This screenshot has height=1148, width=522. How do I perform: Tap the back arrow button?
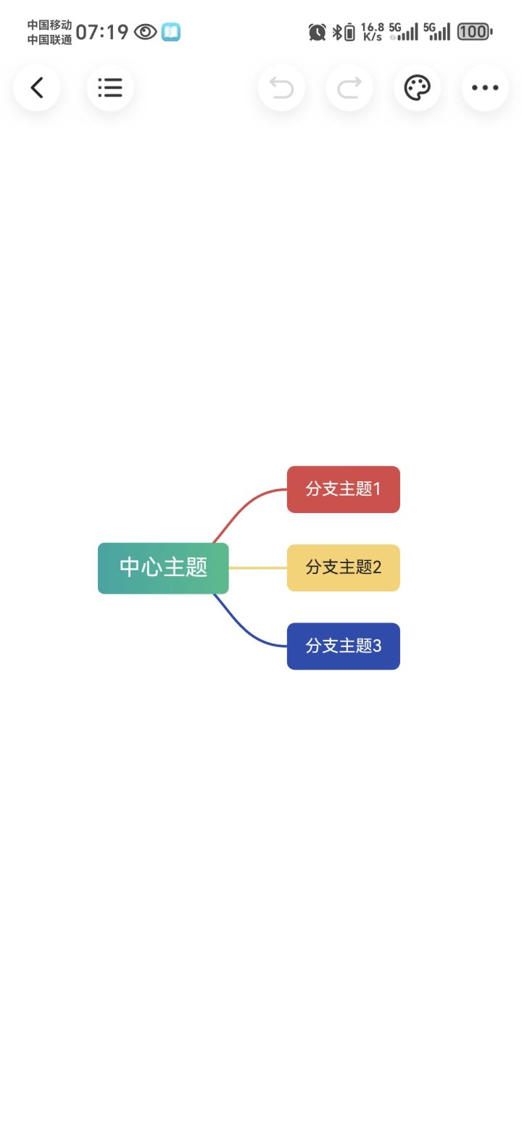pyautogui.click(x=36, y=88)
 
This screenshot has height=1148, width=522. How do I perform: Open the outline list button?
pyautogui.click(x=109, y=88)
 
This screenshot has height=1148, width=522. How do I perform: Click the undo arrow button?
pyautogui.click(x=281, y=88)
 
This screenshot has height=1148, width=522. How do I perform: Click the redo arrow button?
pyautogui.click(x=349, y=88)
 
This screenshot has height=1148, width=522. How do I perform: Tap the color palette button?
pyautogui.click(x=417, y=88)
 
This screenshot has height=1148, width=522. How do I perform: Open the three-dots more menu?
pyautogui.click(x=485, y=88)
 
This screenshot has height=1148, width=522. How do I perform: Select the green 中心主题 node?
pyautogui.click(x=163, y=568)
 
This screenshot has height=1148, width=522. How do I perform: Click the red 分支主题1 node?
pyautogui.click(x=343, y=489)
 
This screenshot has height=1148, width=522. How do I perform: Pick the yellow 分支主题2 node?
pyautogui.click(x=343, y=568)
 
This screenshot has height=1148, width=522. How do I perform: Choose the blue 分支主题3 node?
pyautogui.click(x=343, y=646)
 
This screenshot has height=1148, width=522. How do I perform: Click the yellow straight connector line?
pyautogui.click(x=258, y=568)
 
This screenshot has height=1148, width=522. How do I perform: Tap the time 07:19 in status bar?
pyautogui.click(x=102, y=33)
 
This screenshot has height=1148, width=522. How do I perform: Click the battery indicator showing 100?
pyautogui.click(x=474, y=32)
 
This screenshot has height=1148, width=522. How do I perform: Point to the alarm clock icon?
pyautogui.click(x=317, y=33)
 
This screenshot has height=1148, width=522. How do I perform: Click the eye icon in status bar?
pyautogui.click(x=145, y=33)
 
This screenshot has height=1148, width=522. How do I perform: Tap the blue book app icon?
pyautogui.click(x=171, y=33)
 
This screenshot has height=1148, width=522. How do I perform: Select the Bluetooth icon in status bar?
pyautogui.click(x=337, y=33)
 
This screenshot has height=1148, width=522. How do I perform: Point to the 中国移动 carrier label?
pyautogui.click(x=50, y=25)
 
